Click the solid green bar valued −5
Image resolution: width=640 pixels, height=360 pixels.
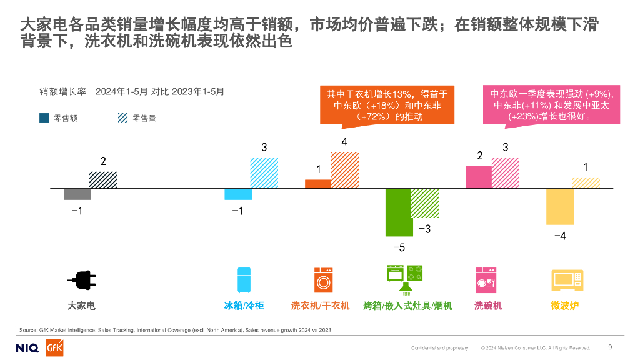click(x=398, y=212)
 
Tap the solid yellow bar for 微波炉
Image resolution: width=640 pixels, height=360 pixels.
click(x=560, y=206)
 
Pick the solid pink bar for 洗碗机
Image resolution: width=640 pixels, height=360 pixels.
click(x=479, y=177)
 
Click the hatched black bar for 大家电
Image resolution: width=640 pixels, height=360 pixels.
click(x=103, y=179)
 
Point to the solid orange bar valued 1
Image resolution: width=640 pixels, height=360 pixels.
click(x=317, y=184)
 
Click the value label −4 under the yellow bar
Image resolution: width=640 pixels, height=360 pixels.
click(x=560, y=236)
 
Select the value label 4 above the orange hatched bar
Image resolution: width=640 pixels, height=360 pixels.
click(x=344, y=142)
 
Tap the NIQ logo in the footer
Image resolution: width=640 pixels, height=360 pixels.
click(x=27, y=347)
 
